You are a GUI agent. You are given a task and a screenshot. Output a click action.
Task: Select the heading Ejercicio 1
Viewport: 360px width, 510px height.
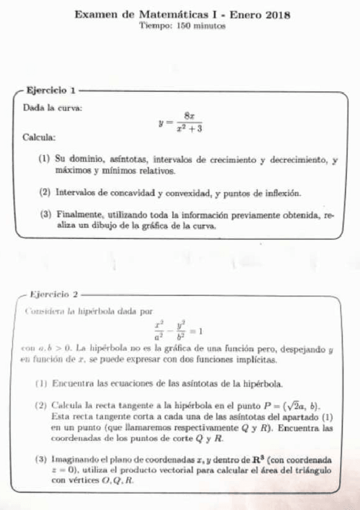[x=51, y=91]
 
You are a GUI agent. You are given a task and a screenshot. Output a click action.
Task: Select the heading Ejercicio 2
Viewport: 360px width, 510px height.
[x=55, y=294]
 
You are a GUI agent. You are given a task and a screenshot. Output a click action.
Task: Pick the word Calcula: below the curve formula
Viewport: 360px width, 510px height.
[x=39, y=138]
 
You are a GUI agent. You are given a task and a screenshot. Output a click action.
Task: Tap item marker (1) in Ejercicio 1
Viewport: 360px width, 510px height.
[x=44, y=160]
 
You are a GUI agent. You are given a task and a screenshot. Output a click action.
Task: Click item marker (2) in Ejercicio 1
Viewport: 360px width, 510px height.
[x=44, y=193]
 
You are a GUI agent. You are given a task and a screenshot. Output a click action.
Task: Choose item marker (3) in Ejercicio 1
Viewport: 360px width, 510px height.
[x=44, y=215]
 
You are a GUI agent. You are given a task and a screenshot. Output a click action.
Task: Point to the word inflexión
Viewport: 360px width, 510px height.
[x=276, y=193]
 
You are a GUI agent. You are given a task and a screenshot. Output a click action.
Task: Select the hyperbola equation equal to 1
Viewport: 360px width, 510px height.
[x=178, y=331]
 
